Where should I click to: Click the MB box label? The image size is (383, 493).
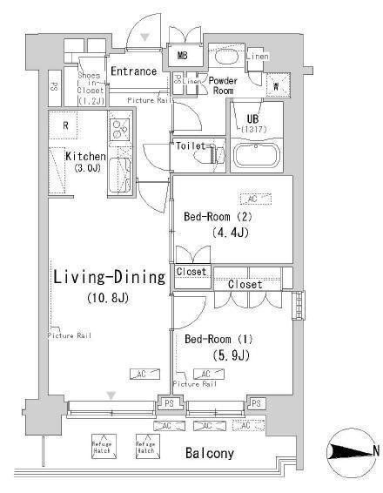183,56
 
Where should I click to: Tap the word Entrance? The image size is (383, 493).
133,71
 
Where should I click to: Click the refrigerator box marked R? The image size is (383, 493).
65,125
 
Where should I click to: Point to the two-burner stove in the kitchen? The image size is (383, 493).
117,130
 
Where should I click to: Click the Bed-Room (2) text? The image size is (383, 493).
218,216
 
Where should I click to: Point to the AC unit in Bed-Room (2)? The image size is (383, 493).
252,199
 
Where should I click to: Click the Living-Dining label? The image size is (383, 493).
108,279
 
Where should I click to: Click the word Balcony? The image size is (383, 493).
209,453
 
